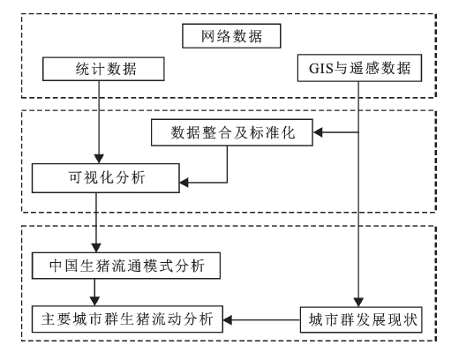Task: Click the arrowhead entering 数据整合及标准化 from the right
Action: point(318,132)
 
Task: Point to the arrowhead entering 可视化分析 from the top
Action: point(99,159)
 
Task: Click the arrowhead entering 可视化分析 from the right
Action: point(184,183)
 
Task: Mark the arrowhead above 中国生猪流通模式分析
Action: point(96,248)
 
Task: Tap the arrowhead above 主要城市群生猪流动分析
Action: point(94,301)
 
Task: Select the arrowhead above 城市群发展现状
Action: point(358,303)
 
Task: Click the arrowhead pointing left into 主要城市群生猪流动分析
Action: point(228,319)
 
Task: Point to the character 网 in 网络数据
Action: point(208,36)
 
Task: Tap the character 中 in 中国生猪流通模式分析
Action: point(56,266)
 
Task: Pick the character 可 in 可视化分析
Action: point(76,177)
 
